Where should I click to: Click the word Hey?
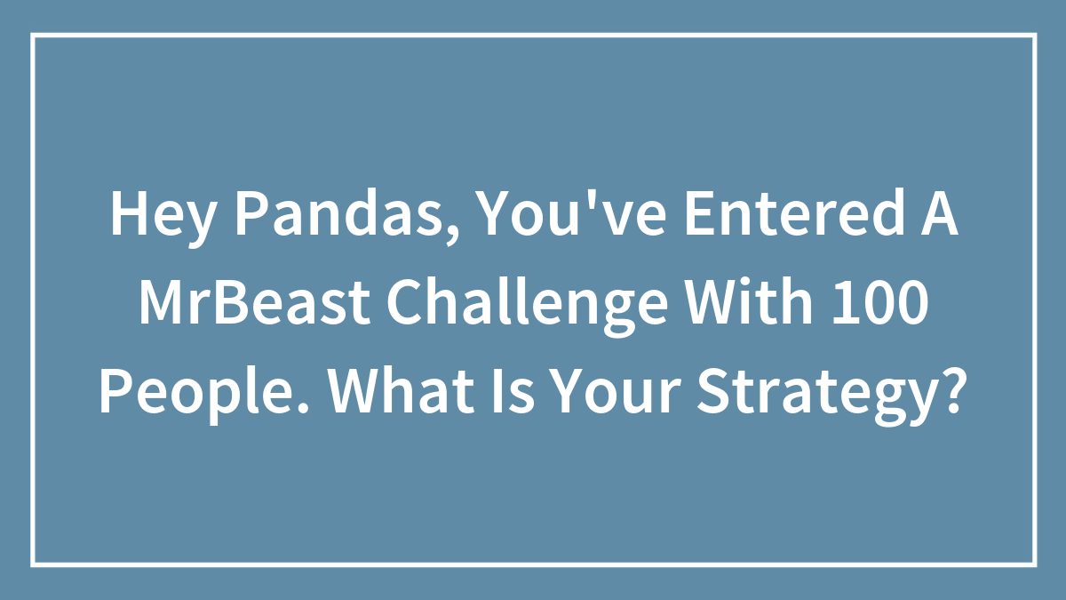(161, 218)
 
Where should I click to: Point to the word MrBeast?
(254, 302)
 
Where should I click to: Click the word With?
(749, 301)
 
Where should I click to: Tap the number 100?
(879, 302)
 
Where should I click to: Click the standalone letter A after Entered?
(939, 214)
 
